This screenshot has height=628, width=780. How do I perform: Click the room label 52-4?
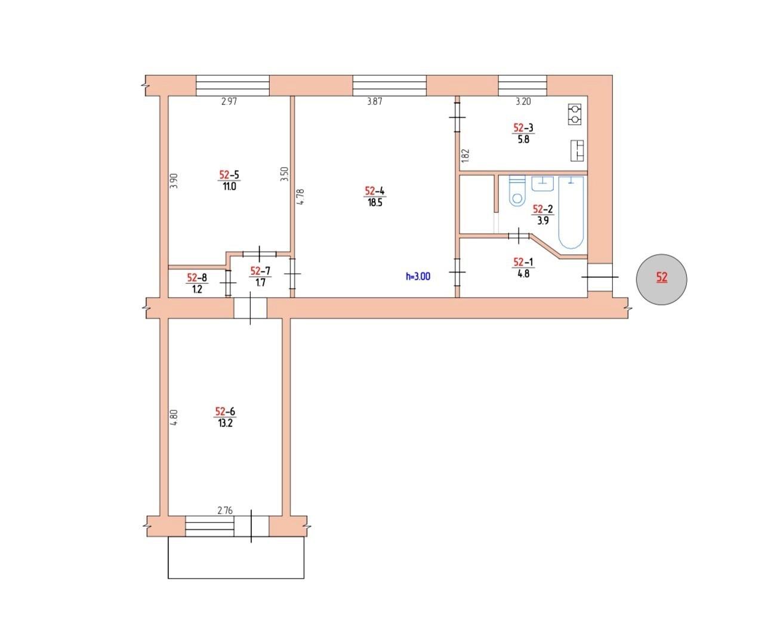point(374,191)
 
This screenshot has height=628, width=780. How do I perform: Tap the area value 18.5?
point(374,203)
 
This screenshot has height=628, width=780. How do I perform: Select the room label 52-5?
point(229,175)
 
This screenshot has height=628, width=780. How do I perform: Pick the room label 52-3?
point(523,127)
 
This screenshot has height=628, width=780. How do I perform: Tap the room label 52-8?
point(196,277)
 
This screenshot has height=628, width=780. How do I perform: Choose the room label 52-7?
point(260,271)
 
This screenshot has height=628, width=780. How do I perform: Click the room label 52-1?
point(523,261)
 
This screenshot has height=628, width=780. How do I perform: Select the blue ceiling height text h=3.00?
point(418,276)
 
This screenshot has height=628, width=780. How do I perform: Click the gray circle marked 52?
point(661,278)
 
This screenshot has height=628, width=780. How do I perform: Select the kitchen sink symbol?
point(577,150)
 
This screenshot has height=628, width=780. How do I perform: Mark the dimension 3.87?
point(374,101)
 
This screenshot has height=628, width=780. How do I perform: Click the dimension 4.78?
point(301,197)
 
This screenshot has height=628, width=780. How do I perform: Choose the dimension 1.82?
point(467,156)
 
